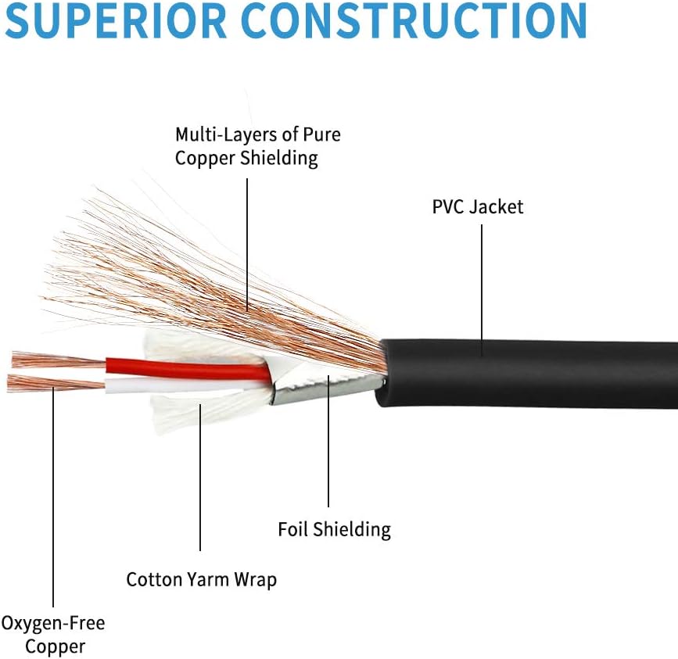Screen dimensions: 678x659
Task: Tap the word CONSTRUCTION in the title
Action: [414, 20]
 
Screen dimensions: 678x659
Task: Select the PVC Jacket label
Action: [478, 207]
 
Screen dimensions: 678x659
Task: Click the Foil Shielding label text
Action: [334, 530]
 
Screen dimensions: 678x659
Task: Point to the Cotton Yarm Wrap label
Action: [202, 580]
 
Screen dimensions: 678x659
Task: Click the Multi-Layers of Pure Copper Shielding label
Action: [258, 146]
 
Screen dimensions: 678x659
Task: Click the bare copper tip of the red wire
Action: [59, 360]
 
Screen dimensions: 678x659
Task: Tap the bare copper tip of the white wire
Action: [56, 383]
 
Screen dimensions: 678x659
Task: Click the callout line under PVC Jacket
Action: [482, 290]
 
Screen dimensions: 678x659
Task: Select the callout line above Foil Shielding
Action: [328, 441]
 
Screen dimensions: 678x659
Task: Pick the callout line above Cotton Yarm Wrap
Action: [200, 478]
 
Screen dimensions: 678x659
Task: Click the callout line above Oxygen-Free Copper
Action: [53, 497]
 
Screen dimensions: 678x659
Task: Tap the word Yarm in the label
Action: [207, 580]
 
